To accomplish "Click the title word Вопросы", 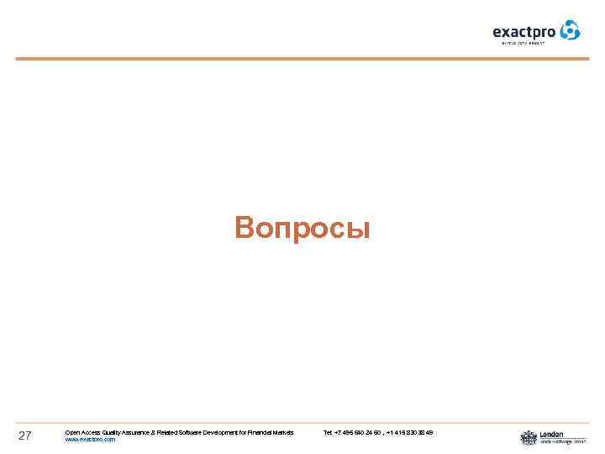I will click(x=302, y=228).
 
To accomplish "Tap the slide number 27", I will click(x=24, y=436).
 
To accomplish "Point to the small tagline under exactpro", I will click(x=524, y=43).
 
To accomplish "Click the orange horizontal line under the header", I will click(x=302, y=59).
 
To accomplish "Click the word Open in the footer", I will click(x=72, y=432).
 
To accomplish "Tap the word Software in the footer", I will click(x=192, y=432).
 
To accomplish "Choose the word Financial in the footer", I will click(x=262, y=432).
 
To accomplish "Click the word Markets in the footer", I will click(x=286, y=432).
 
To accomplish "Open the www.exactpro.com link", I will click(x=90, y=440).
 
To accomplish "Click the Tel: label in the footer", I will click(x=328, y=432).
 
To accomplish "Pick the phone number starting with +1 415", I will click(x=411, y=432).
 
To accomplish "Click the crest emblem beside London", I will click(x=529, y=437).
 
